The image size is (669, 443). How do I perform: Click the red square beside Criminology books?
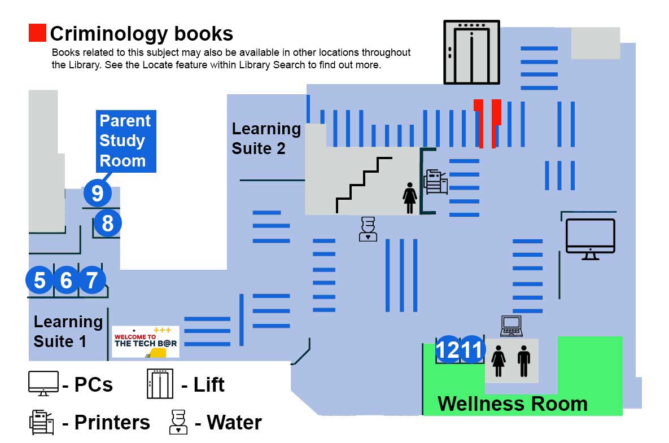point(37,33)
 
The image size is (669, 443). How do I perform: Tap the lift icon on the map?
point(471,52)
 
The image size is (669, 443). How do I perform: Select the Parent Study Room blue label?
point(125,141)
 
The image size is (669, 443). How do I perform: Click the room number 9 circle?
point(97,193)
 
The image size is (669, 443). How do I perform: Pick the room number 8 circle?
point(107,223)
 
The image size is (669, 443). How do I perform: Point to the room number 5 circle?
point(40,280)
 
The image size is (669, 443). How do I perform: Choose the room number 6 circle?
point(66,280)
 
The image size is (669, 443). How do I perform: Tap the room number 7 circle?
point(92,280)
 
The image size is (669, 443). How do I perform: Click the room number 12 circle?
point(448,350)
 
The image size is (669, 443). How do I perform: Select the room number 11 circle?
point(472,350)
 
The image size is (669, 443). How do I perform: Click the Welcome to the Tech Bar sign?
point(146,341)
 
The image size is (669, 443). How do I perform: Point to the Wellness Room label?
point(512,404)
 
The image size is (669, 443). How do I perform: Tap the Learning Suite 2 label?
point(266,138)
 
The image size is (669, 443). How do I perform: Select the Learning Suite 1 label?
point(68,331)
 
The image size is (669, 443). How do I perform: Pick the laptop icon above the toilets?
point(511,326)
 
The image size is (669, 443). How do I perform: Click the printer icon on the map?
point(436,182)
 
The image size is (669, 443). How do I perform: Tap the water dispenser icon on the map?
point(368,229)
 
